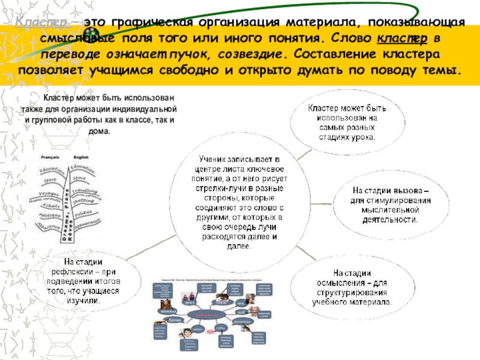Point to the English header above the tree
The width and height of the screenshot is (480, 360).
80,157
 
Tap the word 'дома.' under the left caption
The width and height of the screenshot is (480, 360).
100,130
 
